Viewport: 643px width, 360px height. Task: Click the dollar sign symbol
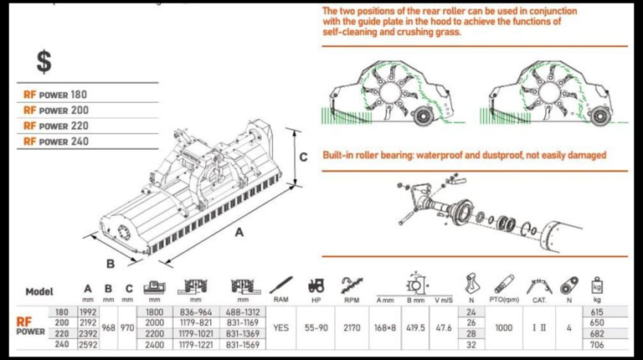(44, 61)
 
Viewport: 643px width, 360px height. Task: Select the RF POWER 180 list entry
(55, 95)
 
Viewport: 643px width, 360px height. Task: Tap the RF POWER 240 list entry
(55, 141)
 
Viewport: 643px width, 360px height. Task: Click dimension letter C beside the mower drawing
(304, 157)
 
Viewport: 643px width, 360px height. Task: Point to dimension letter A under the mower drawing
(239, 234)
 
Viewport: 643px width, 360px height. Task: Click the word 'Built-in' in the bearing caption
(341, 155)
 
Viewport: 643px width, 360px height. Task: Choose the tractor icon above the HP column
(316, 285)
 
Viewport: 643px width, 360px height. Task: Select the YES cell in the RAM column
(281, 327)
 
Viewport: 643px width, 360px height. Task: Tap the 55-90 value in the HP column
(316, 327)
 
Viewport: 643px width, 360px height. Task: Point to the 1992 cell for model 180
(88, 311)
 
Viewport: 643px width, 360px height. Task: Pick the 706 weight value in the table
(597, 343)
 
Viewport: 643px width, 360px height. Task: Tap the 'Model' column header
(39, 292)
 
